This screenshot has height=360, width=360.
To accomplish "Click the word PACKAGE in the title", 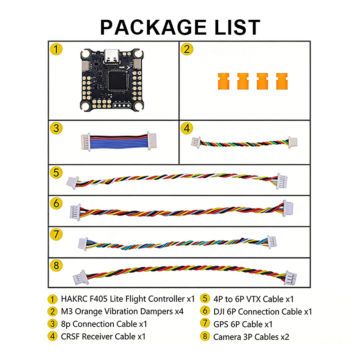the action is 153,27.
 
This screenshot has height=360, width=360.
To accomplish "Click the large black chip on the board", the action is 118,81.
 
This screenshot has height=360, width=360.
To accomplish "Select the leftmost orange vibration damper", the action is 223,81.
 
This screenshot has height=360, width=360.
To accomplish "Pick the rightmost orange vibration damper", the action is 282,81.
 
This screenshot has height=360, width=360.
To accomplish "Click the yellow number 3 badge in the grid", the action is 56,128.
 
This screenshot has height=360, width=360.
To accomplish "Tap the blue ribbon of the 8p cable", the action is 118,142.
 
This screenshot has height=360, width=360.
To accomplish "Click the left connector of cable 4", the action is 196,142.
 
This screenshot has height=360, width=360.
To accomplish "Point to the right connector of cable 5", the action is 282,181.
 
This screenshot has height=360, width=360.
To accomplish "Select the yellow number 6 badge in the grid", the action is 56,203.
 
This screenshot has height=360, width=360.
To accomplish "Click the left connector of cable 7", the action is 83,243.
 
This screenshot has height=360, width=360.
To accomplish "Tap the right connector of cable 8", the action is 290,278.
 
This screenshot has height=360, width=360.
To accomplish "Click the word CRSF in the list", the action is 70,337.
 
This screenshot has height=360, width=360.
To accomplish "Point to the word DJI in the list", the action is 219,311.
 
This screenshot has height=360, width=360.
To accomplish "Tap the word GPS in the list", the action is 221,324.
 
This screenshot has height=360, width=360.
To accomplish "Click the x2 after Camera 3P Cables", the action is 285,337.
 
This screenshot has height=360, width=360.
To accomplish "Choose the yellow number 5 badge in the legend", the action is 205,299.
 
